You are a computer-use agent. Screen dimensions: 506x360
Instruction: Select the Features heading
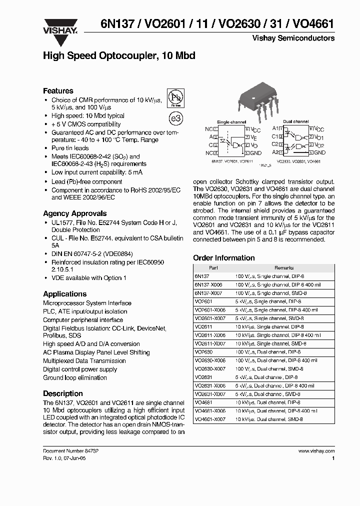[58, 91]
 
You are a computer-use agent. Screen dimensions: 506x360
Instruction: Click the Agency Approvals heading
[74, 213]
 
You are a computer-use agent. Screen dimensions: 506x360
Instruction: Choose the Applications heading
[64, 294]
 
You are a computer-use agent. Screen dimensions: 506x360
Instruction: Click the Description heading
[62, 393]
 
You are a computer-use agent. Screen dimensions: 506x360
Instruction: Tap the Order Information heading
[223, 258]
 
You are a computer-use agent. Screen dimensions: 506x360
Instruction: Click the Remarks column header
[284, 268]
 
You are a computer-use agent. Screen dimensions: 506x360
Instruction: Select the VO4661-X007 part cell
[209, 419]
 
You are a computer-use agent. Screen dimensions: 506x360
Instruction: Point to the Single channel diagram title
[231, 122]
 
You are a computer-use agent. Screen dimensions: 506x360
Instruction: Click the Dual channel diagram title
[295, 121]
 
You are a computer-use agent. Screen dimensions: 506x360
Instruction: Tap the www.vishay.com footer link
[316, 450]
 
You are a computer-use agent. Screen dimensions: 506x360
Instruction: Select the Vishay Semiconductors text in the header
[300, 38]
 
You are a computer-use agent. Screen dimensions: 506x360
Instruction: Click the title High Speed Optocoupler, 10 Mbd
[119, 55]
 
